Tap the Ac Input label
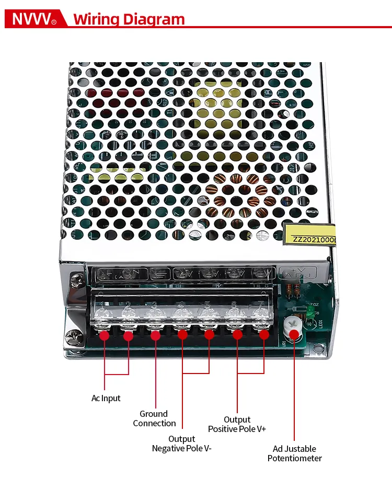click(106, 398)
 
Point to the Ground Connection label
click(154, 418)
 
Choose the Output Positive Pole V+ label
click(237, 424)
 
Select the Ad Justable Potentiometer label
click(294, 453)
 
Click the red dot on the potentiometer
click(294, 335)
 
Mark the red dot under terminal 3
click(155, 335)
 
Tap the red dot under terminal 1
click(105, 335)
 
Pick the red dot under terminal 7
click(264, 335)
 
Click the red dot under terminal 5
click(209, 335)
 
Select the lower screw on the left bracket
click(73, 337)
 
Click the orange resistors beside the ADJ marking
click(295, 290)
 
